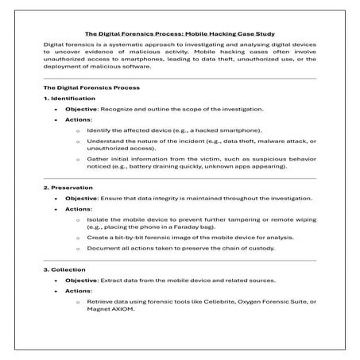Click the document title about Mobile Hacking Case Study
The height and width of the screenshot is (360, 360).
click(180, 34)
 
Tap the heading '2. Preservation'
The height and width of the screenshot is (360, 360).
click(66, 188)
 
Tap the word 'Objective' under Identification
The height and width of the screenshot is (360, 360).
click(81, 108)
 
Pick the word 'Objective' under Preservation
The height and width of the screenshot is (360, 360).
click(81, 198)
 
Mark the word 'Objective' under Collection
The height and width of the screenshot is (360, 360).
click(81, 281)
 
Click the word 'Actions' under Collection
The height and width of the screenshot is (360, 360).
click(78, 292)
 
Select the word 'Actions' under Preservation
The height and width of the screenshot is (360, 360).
click(78, 208)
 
